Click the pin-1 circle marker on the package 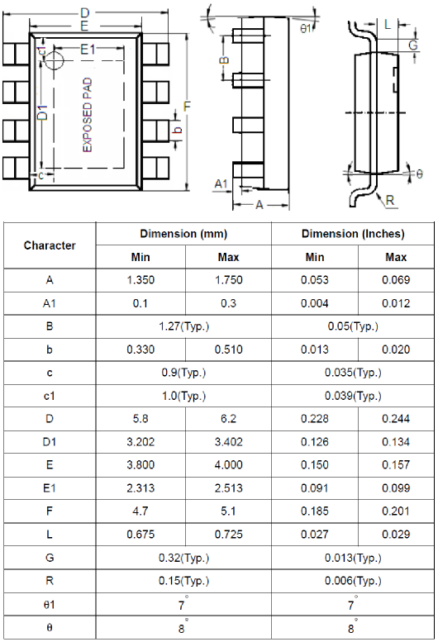[55, 60]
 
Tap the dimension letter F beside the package [188, 107]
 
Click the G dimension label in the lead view [412, 45]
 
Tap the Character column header [50, 245]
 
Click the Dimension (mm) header [183, 234]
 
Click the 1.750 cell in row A [228, 280]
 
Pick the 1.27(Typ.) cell [183, 326]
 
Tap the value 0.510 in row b [228, 350]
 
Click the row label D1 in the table [50, 442]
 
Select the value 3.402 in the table [228, 442]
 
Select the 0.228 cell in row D [315, 419]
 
